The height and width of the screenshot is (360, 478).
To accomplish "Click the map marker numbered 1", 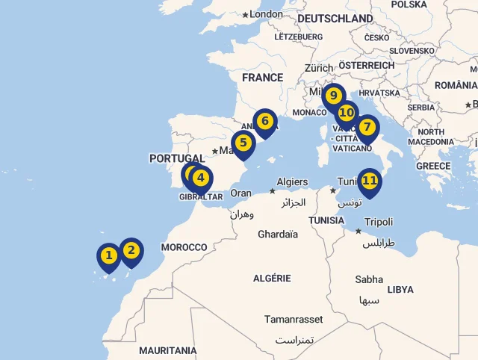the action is click(108, 256).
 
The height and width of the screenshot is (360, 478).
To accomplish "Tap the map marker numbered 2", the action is click(131, 250).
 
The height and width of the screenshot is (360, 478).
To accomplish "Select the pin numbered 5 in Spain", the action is click(243, 143).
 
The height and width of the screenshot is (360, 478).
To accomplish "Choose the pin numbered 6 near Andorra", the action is click(264, 121).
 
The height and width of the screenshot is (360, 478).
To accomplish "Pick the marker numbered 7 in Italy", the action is click(367, 127).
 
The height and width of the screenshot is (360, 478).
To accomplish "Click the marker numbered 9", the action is click(333, 96).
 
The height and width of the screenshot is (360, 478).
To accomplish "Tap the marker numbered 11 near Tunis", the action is click(369, 181).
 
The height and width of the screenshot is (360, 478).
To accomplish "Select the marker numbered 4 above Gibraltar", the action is click(200, 178).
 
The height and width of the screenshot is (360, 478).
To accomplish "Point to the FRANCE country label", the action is click(262, 78).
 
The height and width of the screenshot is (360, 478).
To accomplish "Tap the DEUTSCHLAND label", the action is click(335, 18).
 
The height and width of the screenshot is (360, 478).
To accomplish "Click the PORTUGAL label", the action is click(177, 158).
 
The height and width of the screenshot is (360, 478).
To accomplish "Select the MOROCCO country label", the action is click(184, 247).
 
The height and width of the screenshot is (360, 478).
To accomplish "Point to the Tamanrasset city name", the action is click(294, 320).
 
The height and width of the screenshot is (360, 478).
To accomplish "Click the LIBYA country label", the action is click(400, 290).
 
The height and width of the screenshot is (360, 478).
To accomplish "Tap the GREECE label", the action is click(433, 166).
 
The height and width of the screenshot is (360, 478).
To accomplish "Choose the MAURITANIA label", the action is click(168, 350).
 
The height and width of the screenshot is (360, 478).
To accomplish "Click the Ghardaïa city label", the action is click(278, 235).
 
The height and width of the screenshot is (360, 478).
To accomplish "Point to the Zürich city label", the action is click(319, 68).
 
